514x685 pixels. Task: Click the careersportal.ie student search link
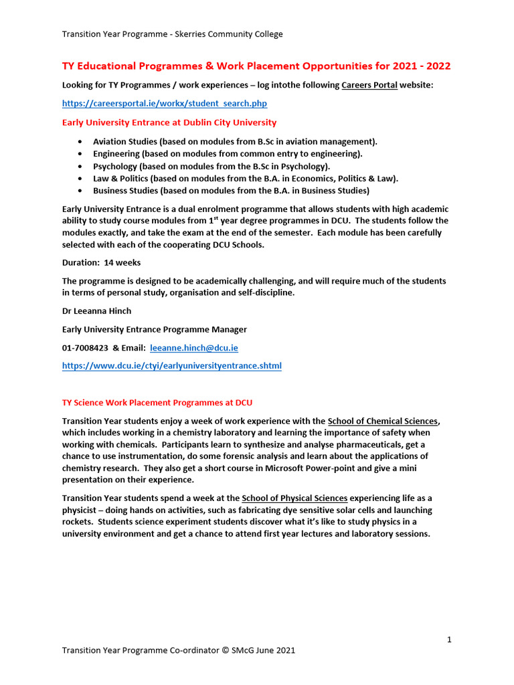[x=165, y=104]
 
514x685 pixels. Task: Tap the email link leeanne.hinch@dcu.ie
[x=194, y=348]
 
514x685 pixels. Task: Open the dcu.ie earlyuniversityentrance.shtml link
[x=172, y=366]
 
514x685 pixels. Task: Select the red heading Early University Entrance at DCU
[x=169, y=122]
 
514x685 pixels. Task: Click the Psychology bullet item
[x=211, y=166]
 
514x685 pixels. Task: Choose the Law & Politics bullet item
[x=246, y=178]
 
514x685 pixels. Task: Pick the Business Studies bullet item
[x=231, y=190]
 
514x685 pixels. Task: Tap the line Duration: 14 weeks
[x=101, y=262]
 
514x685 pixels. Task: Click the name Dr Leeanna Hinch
[x=97, y=311]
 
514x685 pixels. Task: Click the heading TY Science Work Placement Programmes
[x=157, y=403]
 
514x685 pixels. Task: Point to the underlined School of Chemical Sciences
[x=383, y=421]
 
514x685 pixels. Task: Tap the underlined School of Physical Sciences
[x=294, y=498]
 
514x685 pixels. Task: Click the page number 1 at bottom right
[x=449, y=640]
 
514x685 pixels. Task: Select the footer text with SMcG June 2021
[x=178, y=650]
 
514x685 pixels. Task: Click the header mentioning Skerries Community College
[x=172, y=34]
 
